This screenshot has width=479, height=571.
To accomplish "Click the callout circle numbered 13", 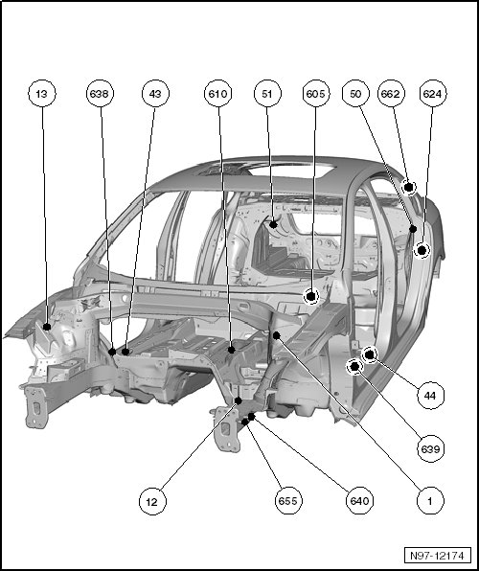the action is (x=42, y=94).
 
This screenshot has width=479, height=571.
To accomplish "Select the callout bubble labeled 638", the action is (x=100, y=94).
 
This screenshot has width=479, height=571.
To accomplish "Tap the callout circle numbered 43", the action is (x=155, y=94).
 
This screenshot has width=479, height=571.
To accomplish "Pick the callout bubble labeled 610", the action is (x=217, y=94).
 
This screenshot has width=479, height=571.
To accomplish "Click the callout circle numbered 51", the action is (x=267, y=94).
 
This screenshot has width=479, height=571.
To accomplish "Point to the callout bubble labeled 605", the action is (x=316, y=94).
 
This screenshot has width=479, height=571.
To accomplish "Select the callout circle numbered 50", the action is (x=355, y=94).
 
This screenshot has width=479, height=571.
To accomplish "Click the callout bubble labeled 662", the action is (x=391, y=94).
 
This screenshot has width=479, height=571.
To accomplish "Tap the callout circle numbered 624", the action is (x=433, y=94).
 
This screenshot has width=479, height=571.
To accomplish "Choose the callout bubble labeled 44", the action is (x=430, y=396).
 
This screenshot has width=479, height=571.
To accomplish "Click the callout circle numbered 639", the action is (x=431, y=449).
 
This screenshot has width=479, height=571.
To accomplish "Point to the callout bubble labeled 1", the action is (x=430, y=501).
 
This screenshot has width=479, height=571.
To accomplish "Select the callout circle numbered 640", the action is (x=359, y=501).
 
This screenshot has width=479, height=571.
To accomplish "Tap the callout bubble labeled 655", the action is (x=288, y=501).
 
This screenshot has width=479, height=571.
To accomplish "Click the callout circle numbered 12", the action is (x=152, y=501).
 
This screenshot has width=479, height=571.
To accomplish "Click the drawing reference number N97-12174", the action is (x=438, y=556).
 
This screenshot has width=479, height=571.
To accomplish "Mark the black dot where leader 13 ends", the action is (x=47, y=327).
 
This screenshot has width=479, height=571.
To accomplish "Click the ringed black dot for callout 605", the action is (x=311, y=296).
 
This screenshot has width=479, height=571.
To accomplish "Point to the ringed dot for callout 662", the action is (x=409, y=188).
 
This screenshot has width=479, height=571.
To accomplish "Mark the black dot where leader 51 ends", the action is (x=274, y=225).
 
